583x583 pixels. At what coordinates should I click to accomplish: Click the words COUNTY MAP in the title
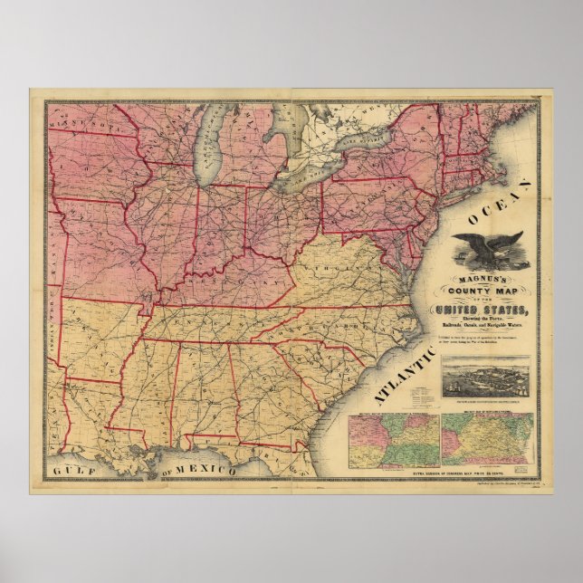492,291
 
